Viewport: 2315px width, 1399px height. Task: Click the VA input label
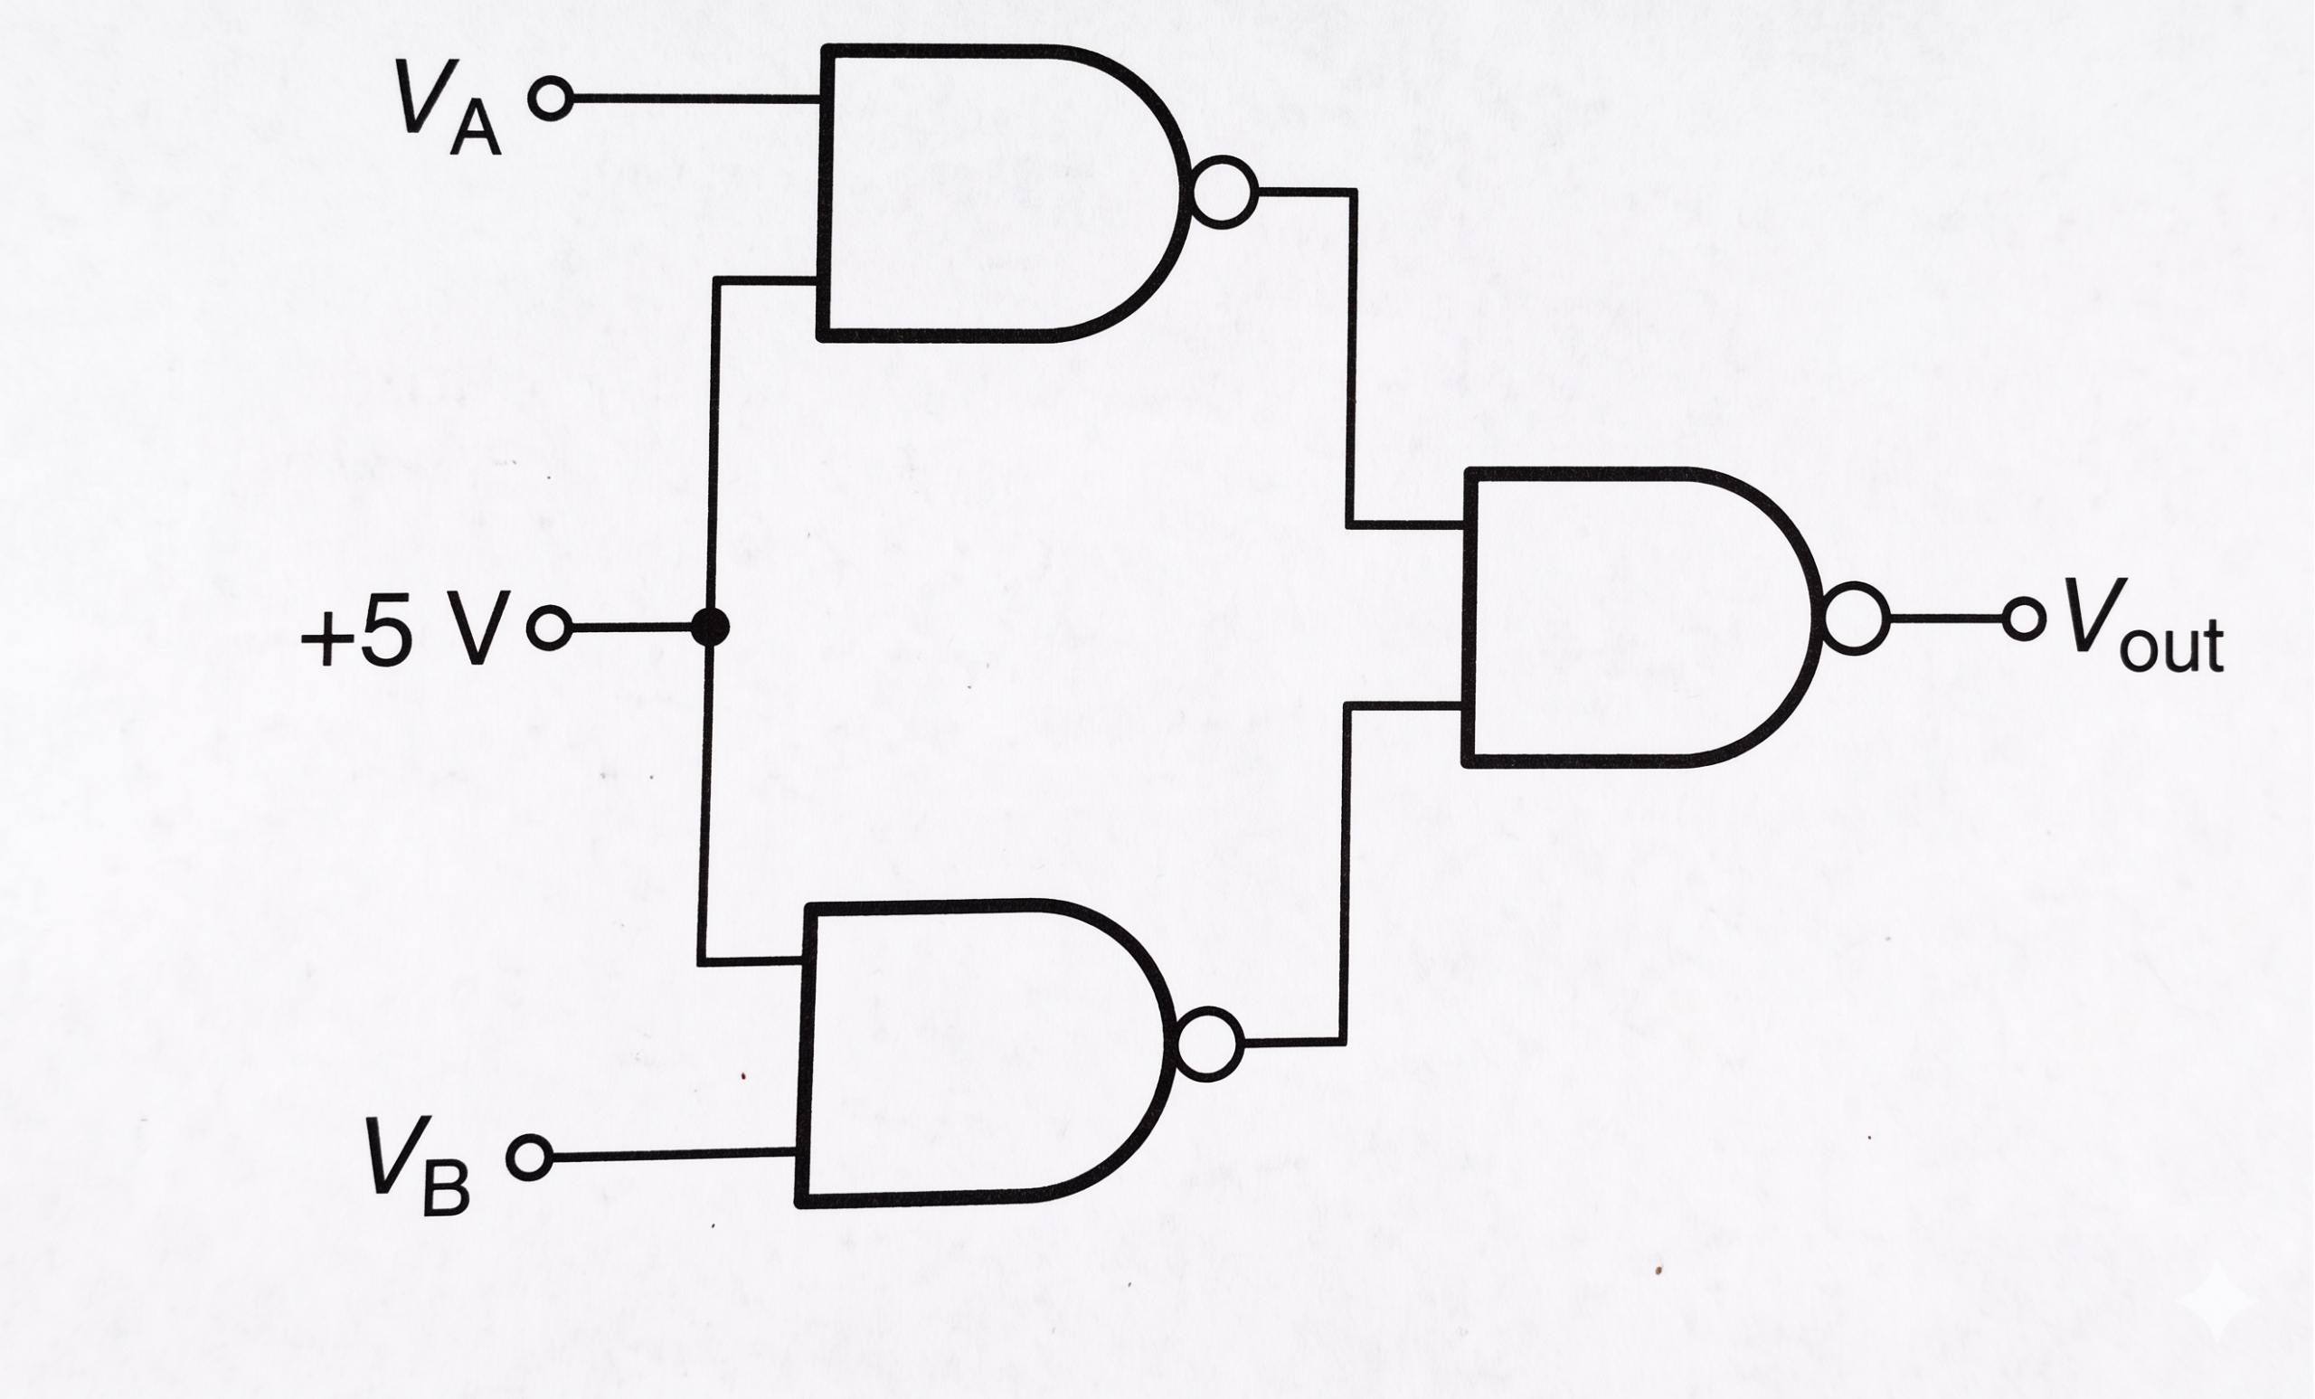(449, 107)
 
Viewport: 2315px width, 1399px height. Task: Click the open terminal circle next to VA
(551, 98)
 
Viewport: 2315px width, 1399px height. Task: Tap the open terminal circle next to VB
(530, 1158)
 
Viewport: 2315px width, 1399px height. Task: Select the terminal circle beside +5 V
(550, 627)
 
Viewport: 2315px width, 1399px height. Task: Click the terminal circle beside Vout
(2024, 619)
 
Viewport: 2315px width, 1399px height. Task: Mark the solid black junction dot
(710, 627)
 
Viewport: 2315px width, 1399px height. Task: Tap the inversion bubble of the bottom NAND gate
(1208, 1044)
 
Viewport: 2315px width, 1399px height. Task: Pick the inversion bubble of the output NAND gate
(1856, 619)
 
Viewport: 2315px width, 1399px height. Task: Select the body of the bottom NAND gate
(800, 1054)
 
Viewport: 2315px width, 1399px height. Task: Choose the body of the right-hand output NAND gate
(1468, 618)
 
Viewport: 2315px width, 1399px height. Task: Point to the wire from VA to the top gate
(695, 98)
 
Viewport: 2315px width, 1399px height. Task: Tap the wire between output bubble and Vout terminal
(1946, 619)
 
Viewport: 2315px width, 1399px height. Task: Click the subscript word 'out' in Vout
(2171, 645)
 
